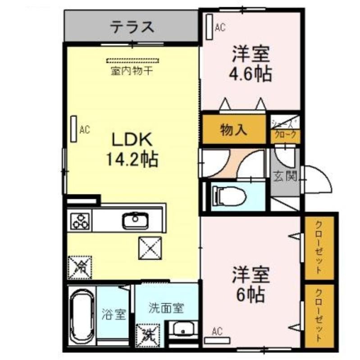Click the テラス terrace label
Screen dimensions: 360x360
click(132, 27)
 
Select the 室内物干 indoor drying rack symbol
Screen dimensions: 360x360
click(133, 60)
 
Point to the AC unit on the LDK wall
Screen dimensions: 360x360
click(73, 130)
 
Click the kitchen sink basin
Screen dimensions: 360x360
click(133, 220)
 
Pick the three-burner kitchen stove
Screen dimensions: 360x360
click(81, 220)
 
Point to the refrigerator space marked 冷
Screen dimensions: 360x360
click(79, 267)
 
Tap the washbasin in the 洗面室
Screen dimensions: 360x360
click(183, 330)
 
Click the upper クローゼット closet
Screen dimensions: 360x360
click(318, 248)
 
